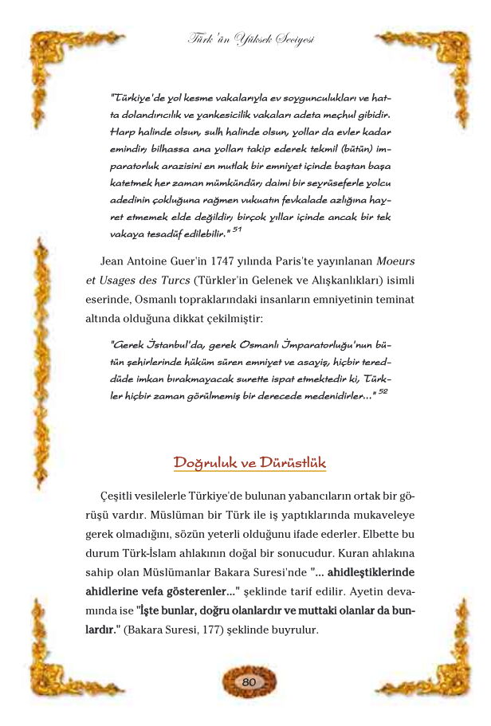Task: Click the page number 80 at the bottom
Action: pyautogui.click(x=248, y=682)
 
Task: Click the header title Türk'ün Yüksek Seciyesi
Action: pyautogui.click(x=249, y=37)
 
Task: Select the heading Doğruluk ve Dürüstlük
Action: pyautogui.click(x=249, y=463)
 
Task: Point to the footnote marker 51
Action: pyautogui.click(x=236, y=230)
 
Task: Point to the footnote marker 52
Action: pyautogui.click(x=383, y=392)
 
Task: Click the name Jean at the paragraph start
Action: pyautogui.click(x=115, y=261)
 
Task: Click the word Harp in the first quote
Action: pyautogui.click(x=122, y=131)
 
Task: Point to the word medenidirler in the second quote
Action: pyautogui.click(x=332, y=396)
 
